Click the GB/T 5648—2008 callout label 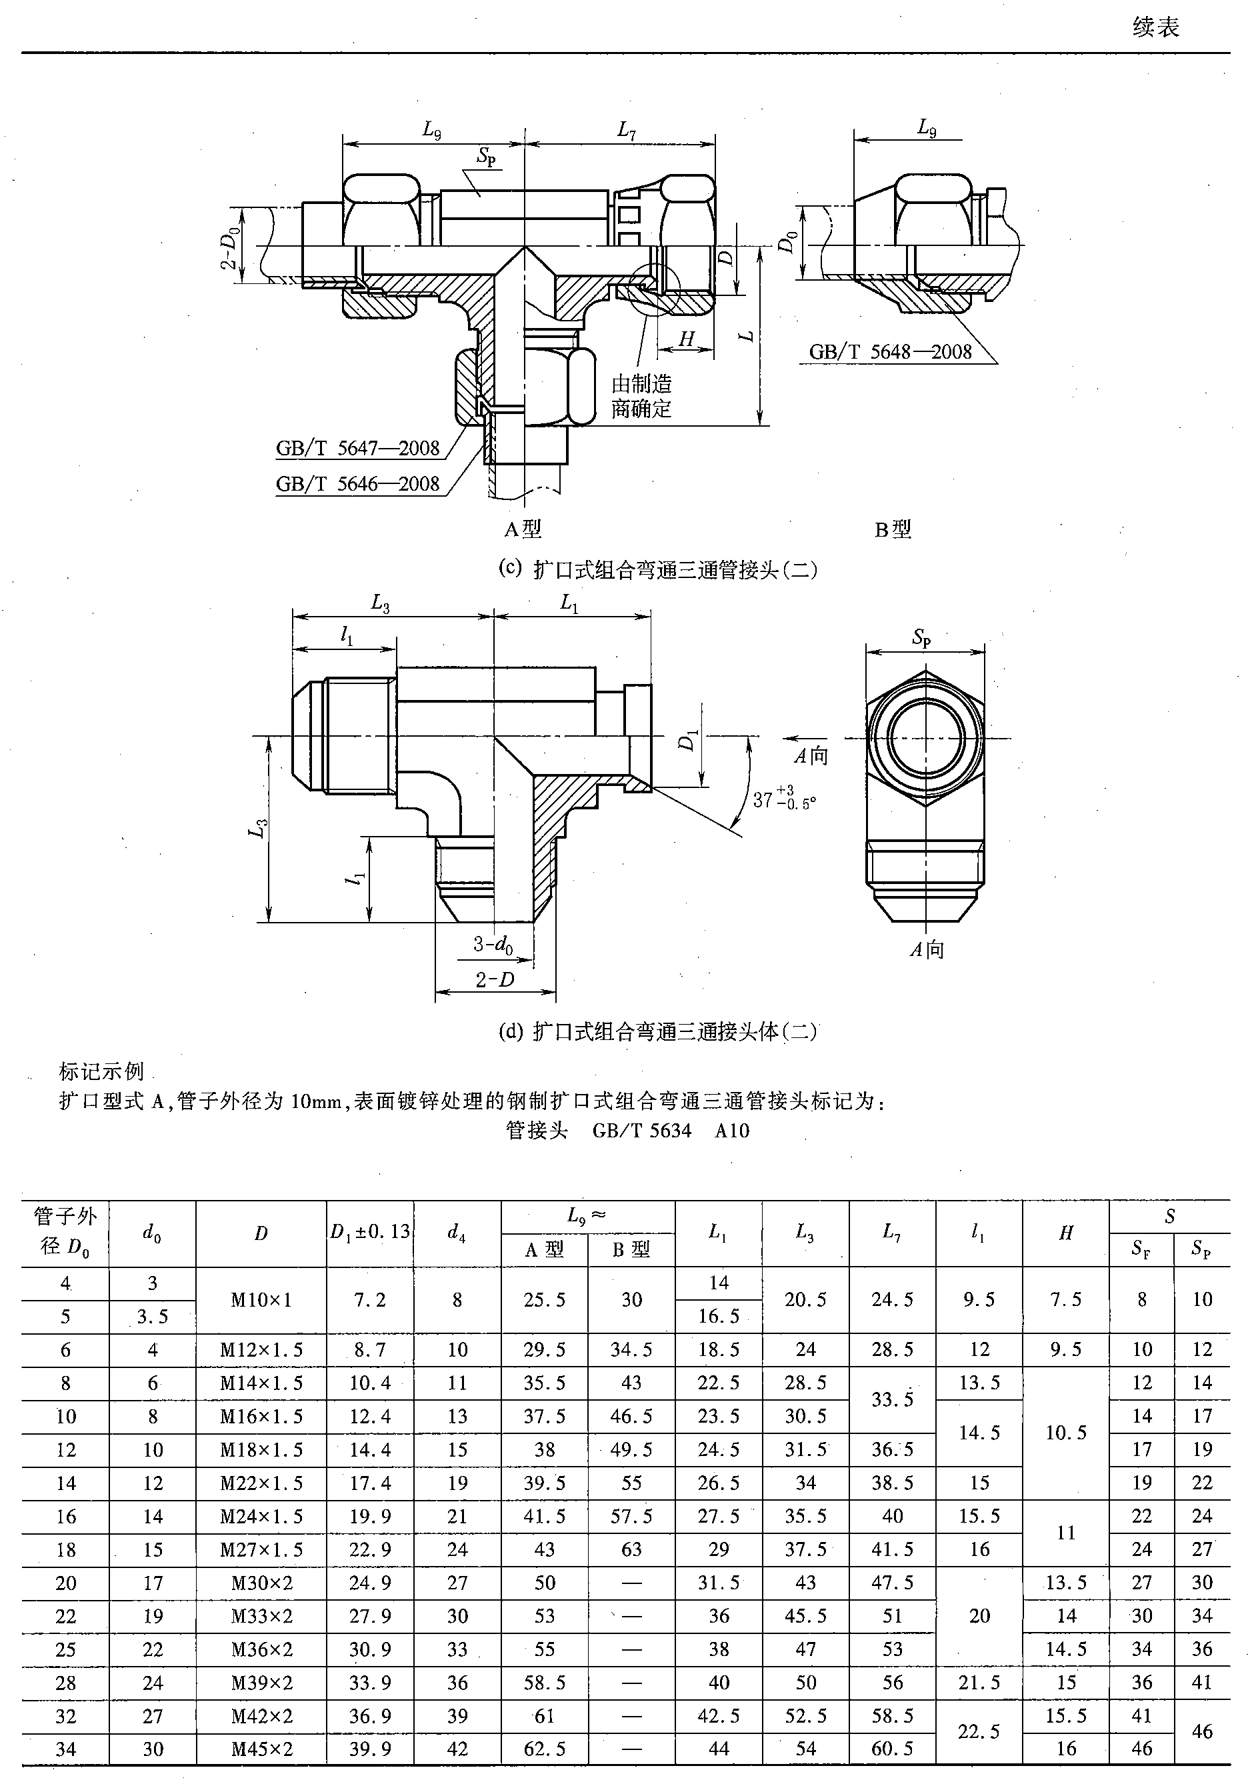(x=890, y=352)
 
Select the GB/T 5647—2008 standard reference (x=357, y=448)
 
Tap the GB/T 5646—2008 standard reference (x=357, y=484)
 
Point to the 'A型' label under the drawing (x=523, y=529)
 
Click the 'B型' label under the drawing (x=893, y=529)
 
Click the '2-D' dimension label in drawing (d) (x=495, y=980)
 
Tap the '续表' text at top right (x=1155, y=28)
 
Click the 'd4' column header (x=457, y=1233)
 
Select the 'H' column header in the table (x=1066, y=1233)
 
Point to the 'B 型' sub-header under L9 (x=631, y=1250)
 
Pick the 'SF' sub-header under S (x=1141, y=1250)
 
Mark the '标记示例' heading (x=101, y=1071)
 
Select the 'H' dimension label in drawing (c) (x=686, y=339)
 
